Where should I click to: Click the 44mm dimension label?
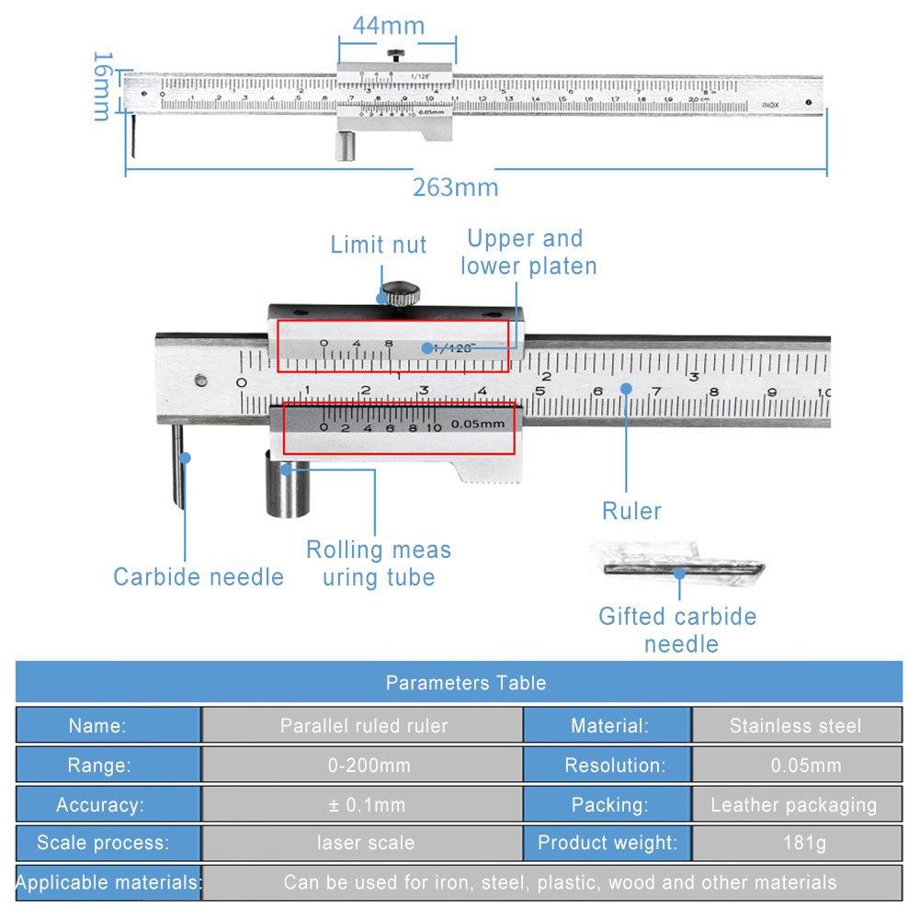[x=389, y=25]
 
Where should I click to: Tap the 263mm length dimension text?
[x=455, y=187]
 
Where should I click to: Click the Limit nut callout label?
[x=379, y=244]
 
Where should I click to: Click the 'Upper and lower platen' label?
[x=528, y=253]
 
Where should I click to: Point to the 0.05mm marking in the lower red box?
[x=478, y=425]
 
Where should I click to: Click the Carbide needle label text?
[x=198, y=577]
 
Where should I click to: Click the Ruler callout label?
[x=631, y=511]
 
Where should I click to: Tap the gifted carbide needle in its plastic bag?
[x=678, y=568]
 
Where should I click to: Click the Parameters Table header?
[x=465, y=683]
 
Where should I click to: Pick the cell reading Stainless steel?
[x=795, y=726]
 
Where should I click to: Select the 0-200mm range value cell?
[x=363, y=766]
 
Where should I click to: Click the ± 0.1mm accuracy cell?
[x=363, y=805]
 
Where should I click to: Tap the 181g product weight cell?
[x=795, y=843]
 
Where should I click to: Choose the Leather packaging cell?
[x=795, y=805]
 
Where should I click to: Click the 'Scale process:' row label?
[x=102, y=843]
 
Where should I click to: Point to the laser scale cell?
[x=363, y=843]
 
